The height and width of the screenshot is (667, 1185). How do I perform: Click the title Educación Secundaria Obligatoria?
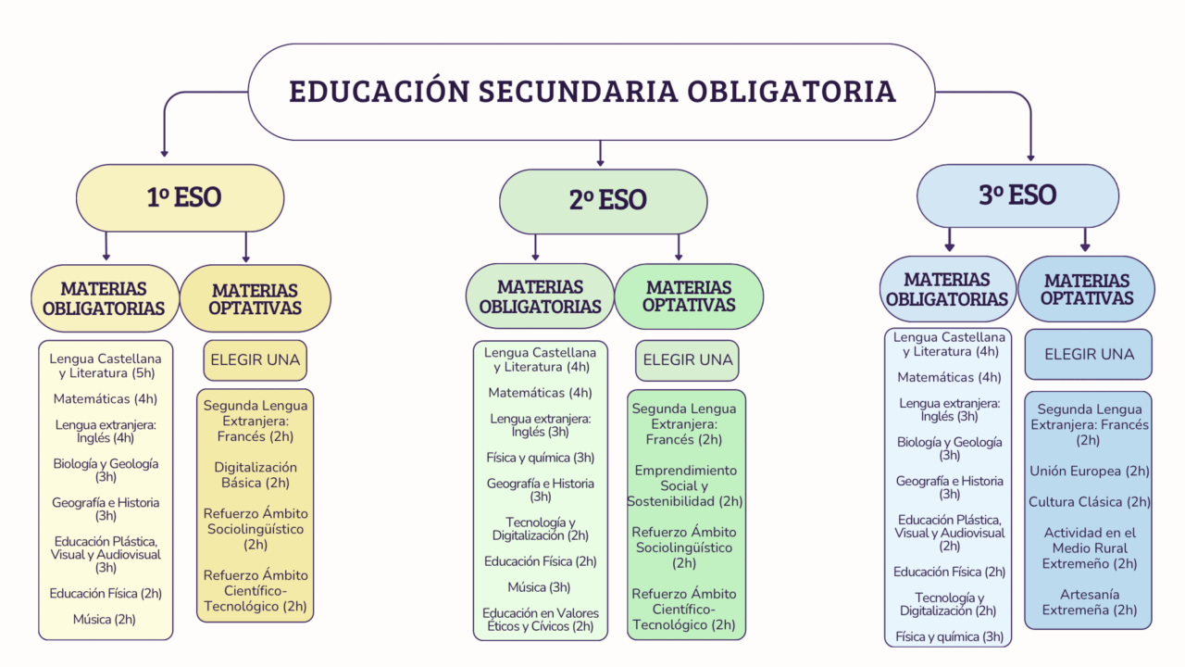[x=592, y=92]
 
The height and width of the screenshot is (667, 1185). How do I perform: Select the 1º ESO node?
[x=180, y=197]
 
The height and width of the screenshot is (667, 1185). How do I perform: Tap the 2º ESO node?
[x=603, y=201]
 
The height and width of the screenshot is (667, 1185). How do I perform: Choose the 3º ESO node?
[x=1017, y=195]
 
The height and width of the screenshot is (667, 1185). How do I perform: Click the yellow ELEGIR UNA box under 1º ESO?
[x=255, y=360]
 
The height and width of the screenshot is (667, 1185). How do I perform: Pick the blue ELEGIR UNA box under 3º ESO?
[x=1088, y=354]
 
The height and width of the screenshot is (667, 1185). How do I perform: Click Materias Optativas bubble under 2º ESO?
[x=689, y=296]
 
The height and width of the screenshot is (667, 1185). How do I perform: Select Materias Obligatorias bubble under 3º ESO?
[x=947, y=289]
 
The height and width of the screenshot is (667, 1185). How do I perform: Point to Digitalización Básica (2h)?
[x=256, y=475]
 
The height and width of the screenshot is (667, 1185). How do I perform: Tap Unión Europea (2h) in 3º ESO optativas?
[x=1090, y=471]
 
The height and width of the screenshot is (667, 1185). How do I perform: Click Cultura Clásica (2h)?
[x=1090, y=501]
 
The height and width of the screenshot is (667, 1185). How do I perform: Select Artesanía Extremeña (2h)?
[x=1090, y=602]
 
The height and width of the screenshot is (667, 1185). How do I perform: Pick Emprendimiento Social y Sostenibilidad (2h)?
[x=685, y=485]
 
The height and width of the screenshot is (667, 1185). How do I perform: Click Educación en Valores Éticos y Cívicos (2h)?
[x=540, y=620]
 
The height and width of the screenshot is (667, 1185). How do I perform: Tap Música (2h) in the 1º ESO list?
[x=105, y=619]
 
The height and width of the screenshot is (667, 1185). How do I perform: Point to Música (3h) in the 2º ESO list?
[x=539, y=586]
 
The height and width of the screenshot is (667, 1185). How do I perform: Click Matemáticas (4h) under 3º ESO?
[x=949, y=377]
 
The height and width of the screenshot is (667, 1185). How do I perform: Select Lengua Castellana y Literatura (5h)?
[x=106, y=365]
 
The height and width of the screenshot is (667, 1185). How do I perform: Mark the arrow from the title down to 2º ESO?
[x=600, y=154]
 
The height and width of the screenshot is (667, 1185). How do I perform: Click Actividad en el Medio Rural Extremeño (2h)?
[x=1090, y=547]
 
